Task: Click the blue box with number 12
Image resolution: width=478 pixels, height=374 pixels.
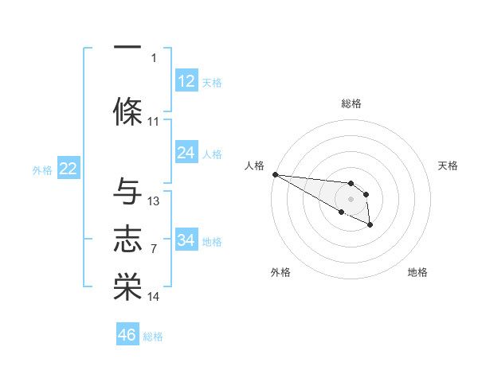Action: click(186, 81)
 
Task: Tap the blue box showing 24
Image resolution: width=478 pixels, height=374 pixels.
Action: click(186, 153)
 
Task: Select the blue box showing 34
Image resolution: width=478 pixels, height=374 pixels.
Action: click(186, 240)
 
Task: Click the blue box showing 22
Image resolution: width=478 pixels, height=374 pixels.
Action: click(68, 169)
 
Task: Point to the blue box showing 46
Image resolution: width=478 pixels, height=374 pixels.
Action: click(127, 335)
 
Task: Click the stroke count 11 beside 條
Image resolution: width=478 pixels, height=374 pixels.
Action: click(154, 122)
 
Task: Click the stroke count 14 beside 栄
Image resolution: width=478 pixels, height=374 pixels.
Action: click(154, 297)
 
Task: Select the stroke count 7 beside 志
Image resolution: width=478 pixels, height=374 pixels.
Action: click(154, 249)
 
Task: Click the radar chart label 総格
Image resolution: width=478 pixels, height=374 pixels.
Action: click(351, 103)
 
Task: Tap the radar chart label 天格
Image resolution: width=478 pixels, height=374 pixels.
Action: click(449, 166)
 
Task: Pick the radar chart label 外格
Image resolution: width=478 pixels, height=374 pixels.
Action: click(280, 272)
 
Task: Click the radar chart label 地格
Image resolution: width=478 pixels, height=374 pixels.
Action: click(417, 272)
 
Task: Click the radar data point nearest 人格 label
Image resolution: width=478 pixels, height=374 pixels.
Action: click(274, 174)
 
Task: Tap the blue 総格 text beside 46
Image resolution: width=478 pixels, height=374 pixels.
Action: click(153, 337)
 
